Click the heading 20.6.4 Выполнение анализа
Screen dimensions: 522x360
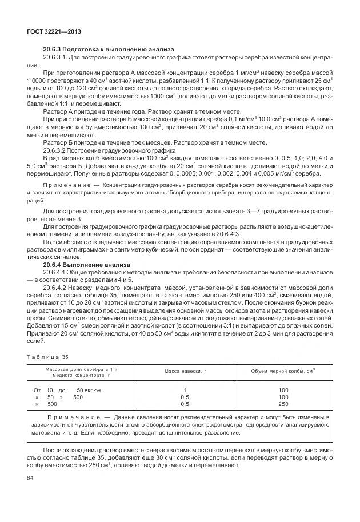[x=82, y=265]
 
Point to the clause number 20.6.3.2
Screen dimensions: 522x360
[x=57, y=150]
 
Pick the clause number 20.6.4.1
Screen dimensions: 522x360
[x=57, y=272]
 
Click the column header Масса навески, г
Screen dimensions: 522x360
[x=185, y=372]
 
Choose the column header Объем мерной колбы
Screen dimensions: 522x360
[x=283, y=372]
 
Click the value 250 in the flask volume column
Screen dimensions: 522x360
[x=283, y=404]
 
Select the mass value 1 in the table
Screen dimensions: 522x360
[x=185, y=390]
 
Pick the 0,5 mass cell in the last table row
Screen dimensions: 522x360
[x=185, y=404]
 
